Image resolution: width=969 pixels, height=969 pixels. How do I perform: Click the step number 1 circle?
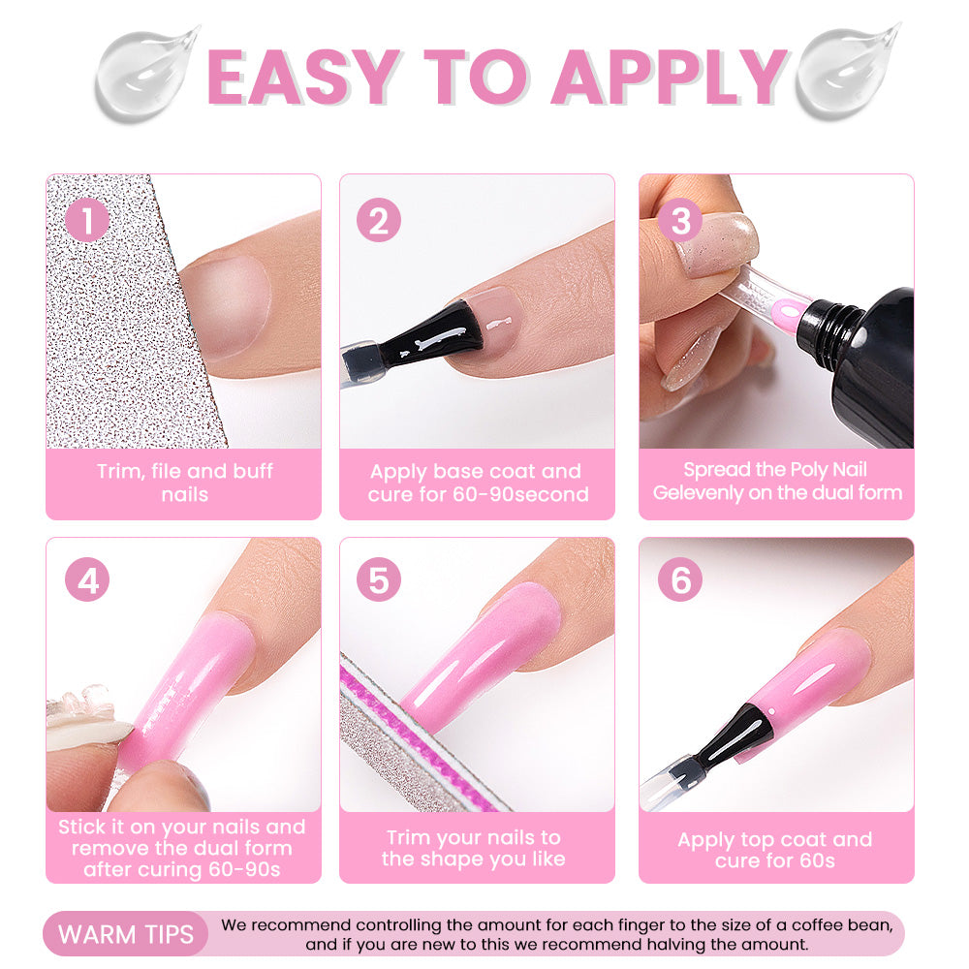(x=87, y=220)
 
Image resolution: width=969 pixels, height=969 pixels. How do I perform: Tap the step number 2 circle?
(x=379, y=220)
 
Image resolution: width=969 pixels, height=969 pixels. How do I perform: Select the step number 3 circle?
(x=680, y=220)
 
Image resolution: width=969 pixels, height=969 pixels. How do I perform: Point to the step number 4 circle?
(x=87, y=579)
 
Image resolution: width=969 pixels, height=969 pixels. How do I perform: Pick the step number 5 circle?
(x=379, y=579)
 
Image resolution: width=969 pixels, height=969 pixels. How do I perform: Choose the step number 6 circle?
(x=680, y=579)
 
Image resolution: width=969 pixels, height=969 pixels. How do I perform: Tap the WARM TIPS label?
(x=126, y=934)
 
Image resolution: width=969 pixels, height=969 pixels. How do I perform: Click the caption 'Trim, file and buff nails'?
(x=184, y=483)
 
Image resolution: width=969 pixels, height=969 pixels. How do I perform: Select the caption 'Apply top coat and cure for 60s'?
(x=775, y=850)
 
